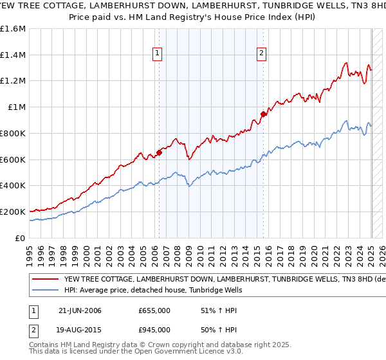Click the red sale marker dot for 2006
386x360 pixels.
pos(159,152)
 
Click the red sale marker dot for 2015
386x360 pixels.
pos(263,114)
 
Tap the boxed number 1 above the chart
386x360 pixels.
pos(158,54)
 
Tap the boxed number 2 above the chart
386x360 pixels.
pos(262,54)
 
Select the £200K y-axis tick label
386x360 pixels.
pos(14,212)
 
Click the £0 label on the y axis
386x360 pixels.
pos(20,238)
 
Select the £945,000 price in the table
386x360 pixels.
pos(154,330)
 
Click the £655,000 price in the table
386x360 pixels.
pos(154,311)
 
